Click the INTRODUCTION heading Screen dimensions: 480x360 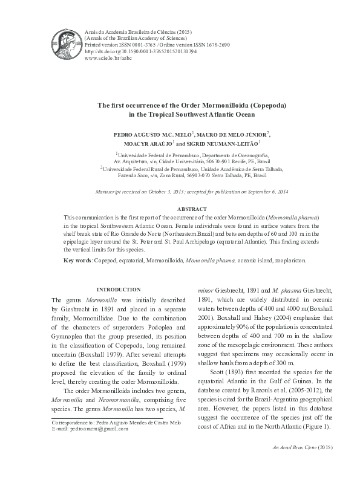pyautogui.click(x=119, y=290)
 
